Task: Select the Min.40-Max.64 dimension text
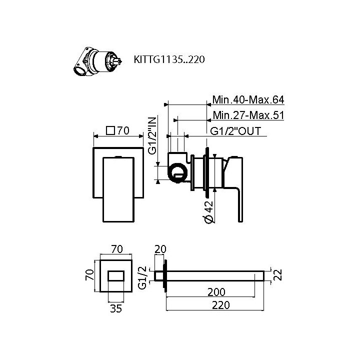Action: click(x=248, y=99)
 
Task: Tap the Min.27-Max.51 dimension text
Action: click(x=248, y=115)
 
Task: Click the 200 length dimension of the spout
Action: click(x=216, y=291)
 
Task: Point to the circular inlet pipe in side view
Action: click(x=175, y=174)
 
